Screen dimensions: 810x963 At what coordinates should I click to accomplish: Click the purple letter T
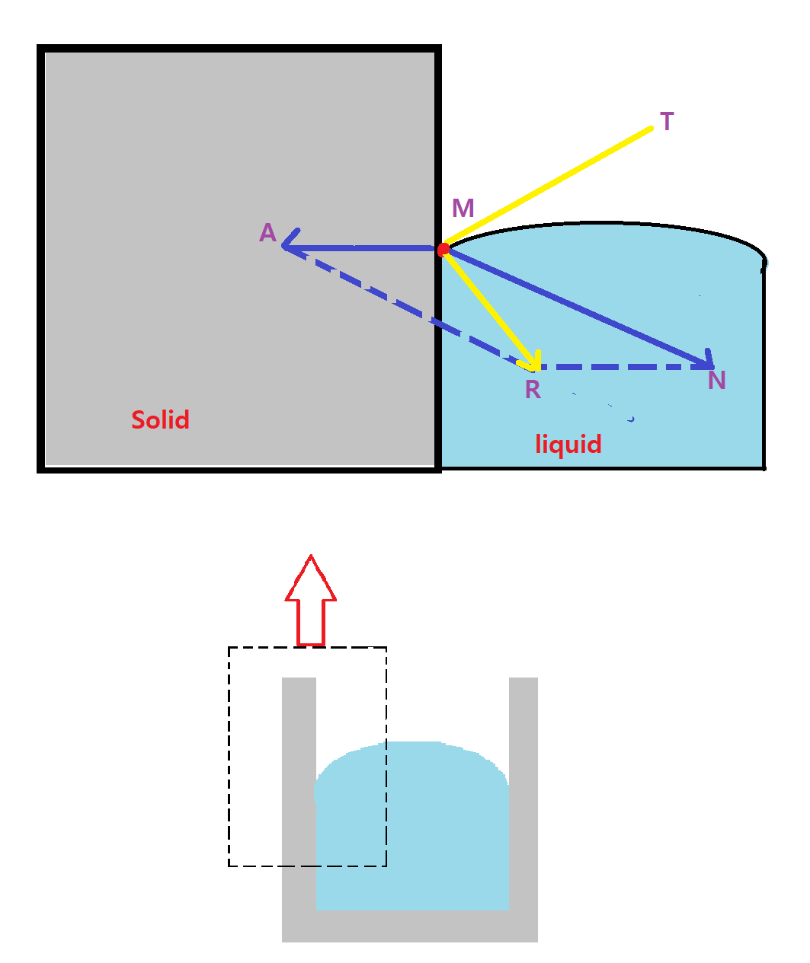coord(667,122)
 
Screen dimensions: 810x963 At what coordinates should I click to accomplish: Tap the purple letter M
coord(463,208)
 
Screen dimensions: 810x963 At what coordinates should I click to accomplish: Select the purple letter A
coord(267,232)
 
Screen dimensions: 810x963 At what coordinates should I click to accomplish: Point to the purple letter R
coord(533,390)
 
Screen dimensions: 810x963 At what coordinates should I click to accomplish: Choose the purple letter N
coord(716,380)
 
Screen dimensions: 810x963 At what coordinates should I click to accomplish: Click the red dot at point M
coord(443,250)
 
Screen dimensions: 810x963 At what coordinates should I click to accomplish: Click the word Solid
coord(160,419)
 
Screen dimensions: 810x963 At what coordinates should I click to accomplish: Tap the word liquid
coord(568,444)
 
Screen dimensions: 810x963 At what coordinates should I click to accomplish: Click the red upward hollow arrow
coord(311,601)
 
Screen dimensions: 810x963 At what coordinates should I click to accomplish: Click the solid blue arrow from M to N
coord(579,308)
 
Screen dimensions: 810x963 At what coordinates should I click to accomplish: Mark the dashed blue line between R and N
coord(625,367)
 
